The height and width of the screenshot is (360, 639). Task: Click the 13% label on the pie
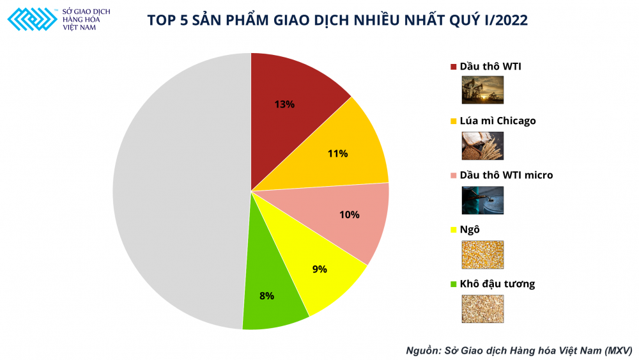click(284, 104)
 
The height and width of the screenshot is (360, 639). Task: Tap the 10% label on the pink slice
click(350, 215)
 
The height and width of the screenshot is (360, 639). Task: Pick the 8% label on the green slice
click(266, 296)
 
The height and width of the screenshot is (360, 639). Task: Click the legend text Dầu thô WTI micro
click(506, 175)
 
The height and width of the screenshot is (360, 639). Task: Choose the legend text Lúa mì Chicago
click(498, 121)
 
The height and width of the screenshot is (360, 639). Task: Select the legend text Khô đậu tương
click(497, 283)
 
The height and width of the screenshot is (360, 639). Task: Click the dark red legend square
click(454, 67)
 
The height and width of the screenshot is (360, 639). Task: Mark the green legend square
click(454, 284)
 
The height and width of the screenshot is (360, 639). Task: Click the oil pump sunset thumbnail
click(482, 90)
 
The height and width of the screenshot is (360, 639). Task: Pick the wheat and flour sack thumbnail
click(482, 145)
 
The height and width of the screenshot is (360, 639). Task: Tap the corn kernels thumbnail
click(482, 254)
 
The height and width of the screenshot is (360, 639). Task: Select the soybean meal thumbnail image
click(482, 309)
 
